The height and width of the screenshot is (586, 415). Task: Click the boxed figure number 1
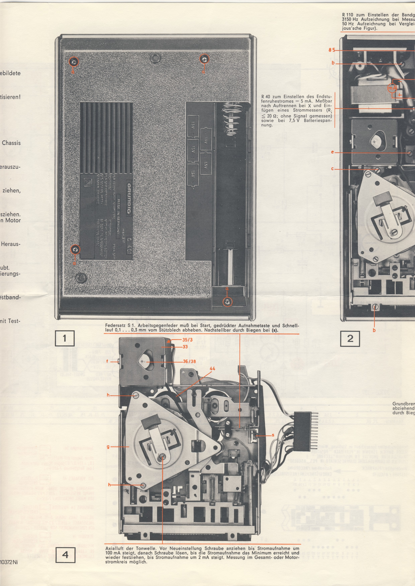click(x=65, y=338)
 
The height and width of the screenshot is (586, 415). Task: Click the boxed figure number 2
click(x=350, y=338)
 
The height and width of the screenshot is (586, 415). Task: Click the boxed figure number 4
click(x=65, y=560)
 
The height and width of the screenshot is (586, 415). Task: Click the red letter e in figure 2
click(x=333, y=152)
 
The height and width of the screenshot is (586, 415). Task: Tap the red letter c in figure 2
click(x=333, y=169)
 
